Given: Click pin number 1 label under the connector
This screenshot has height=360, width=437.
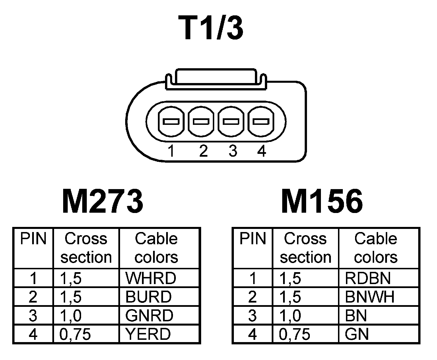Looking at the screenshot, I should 171,151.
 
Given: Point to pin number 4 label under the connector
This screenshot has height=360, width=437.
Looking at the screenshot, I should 261,151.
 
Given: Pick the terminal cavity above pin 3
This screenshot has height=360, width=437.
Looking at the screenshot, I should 231,122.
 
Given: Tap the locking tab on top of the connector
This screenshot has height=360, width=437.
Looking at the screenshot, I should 216,77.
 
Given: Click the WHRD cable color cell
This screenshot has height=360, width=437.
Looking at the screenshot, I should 151,278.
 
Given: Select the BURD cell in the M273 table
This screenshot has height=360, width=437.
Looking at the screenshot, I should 149,297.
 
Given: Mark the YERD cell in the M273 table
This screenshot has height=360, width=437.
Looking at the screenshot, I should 148,334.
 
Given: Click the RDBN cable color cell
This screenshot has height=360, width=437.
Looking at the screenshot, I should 368,278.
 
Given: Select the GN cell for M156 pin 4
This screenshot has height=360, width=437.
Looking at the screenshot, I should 357,334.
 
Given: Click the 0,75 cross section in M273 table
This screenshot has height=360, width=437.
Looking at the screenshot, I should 75,334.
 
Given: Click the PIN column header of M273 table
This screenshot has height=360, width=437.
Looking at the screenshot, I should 33,239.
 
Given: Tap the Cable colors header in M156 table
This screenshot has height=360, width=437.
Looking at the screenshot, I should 376,248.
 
